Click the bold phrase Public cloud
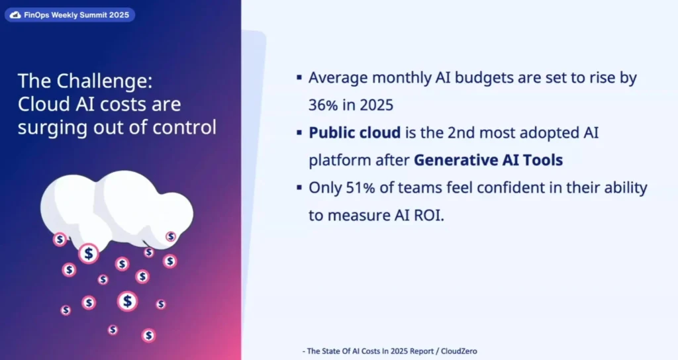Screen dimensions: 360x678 tap(355, 132)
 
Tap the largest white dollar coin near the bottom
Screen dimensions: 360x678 tap(127, 301)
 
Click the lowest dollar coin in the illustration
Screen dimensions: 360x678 tap(149, 336)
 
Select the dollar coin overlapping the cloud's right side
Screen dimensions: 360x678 tap(171, 236)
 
